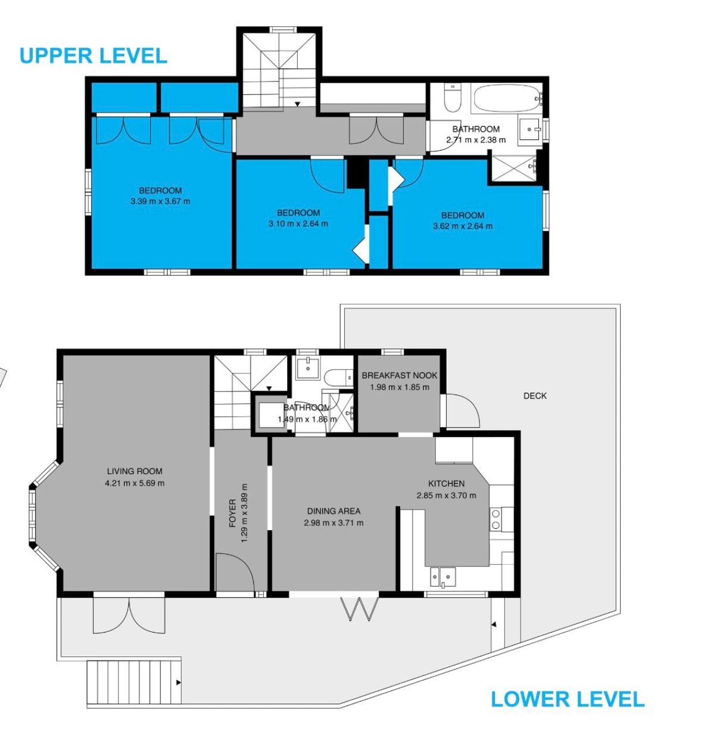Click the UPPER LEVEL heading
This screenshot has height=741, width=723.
point(94,55)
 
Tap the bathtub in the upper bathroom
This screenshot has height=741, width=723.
point(506,98)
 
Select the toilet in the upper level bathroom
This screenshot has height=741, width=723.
point(452,98)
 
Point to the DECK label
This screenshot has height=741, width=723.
point(535,396)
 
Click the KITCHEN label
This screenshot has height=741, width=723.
point(446,484)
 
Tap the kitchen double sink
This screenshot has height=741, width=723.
point(442,577)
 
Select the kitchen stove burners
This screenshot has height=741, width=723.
point(495,519)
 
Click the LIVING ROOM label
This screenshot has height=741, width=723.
point(135,471)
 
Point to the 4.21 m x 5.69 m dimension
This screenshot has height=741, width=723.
point(135,483)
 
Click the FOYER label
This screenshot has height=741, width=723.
point(232,513)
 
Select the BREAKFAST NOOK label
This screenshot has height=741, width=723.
point(400,375)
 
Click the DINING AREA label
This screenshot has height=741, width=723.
point(334,511)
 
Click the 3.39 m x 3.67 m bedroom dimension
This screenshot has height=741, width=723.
point(160,201)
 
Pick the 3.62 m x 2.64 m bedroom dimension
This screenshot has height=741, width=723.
point(463,226)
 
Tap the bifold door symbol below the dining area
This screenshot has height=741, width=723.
point(360,609)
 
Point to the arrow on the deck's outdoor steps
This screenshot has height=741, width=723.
point(178,683)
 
